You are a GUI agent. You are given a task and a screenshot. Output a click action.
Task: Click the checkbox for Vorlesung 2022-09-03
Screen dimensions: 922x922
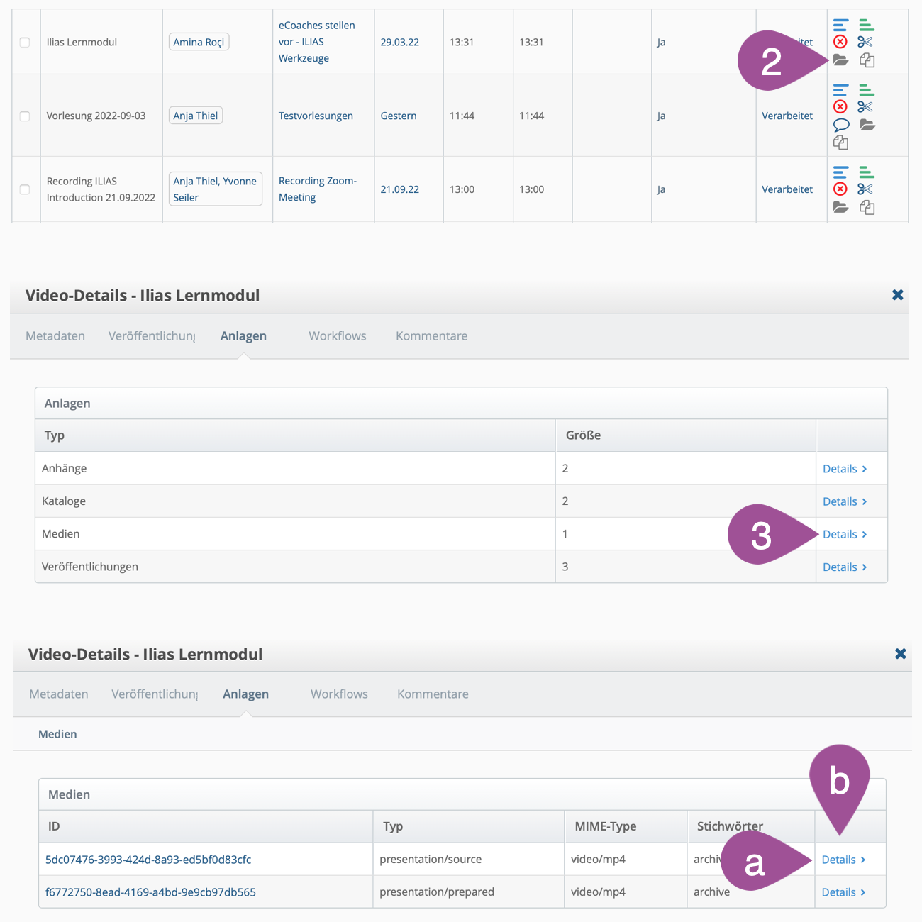(x=25, y=116)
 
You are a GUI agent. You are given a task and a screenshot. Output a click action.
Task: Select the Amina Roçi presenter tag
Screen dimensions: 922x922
(x=199, y=42)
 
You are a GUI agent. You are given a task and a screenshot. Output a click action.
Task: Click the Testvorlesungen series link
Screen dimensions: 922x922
(x=316, y=116)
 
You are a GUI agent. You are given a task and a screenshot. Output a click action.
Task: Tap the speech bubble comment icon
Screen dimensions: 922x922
(x=841, y=125)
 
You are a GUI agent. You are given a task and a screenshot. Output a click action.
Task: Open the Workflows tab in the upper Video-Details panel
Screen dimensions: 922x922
(x=338, y=336)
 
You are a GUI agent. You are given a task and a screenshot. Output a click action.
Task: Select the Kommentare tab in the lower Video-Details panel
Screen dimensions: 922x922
(x=433, y=694)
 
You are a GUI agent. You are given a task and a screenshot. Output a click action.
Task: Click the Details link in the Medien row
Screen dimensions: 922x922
(x=844, y=534)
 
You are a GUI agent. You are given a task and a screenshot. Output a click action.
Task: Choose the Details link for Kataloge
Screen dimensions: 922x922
(x=844, y=501)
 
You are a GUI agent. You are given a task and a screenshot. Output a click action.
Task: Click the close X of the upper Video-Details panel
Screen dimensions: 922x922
(x=897, y=295)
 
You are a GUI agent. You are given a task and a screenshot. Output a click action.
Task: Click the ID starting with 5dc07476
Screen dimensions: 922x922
(x=148, y=860)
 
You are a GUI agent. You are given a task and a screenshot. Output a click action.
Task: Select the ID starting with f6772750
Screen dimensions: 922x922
(x=150, y=892)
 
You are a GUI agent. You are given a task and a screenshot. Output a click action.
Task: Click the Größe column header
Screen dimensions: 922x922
(x=583, y=435)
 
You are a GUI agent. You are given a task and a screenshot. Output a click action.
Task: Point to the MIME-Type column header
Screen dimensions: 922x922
(x=606, y=826)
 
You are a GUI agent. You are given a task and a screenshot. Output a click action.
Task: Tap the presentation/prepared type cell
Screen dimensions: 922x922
(x=437, y=892)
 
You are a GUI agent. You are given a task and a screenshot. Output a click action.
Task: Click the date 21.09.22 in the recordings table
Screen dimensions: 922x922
(x=399, y=189)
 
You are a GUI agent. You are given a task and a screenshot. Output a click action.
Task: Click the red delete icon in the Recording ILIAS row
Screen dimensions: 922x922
(x=840, y=189)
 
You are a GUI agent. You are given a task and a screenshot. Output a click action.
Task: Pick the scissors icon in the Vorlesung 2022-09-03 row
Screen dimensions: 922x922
(x=865, y=107)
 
